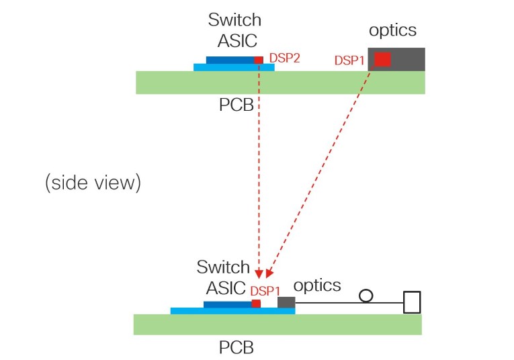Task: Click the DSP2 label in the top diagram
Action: (x=284, y=58)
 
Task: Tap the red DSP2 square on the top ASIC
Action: (x=259, y=60)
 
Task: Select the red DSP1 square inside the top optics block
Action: (x=382, y=59)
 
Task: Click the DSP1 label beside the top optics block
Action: (x=349, y=60)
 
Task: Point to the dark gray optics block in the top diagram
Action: (x=406, y=59)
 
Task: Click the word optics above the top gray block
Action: (x=393, y=30)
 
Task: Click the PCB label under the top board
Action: (x=237, y=106)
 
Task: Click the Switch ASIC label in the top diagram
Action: (x=234, y=31)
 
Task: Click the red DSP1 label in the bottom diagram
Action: (x=265, y=290)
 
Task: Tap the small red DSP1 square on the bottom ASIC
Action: (x=256, y=304)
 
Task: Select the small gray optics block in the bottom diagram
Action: (x=286, y=303)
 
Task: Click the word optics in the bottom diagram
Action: (x=318, y=285)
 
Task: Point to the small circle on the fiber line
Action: (x=366, y=296)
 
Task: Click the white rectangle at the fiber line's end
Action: (x=411, y=302)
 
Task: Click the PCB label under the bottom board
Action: (x=237, y=349)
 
